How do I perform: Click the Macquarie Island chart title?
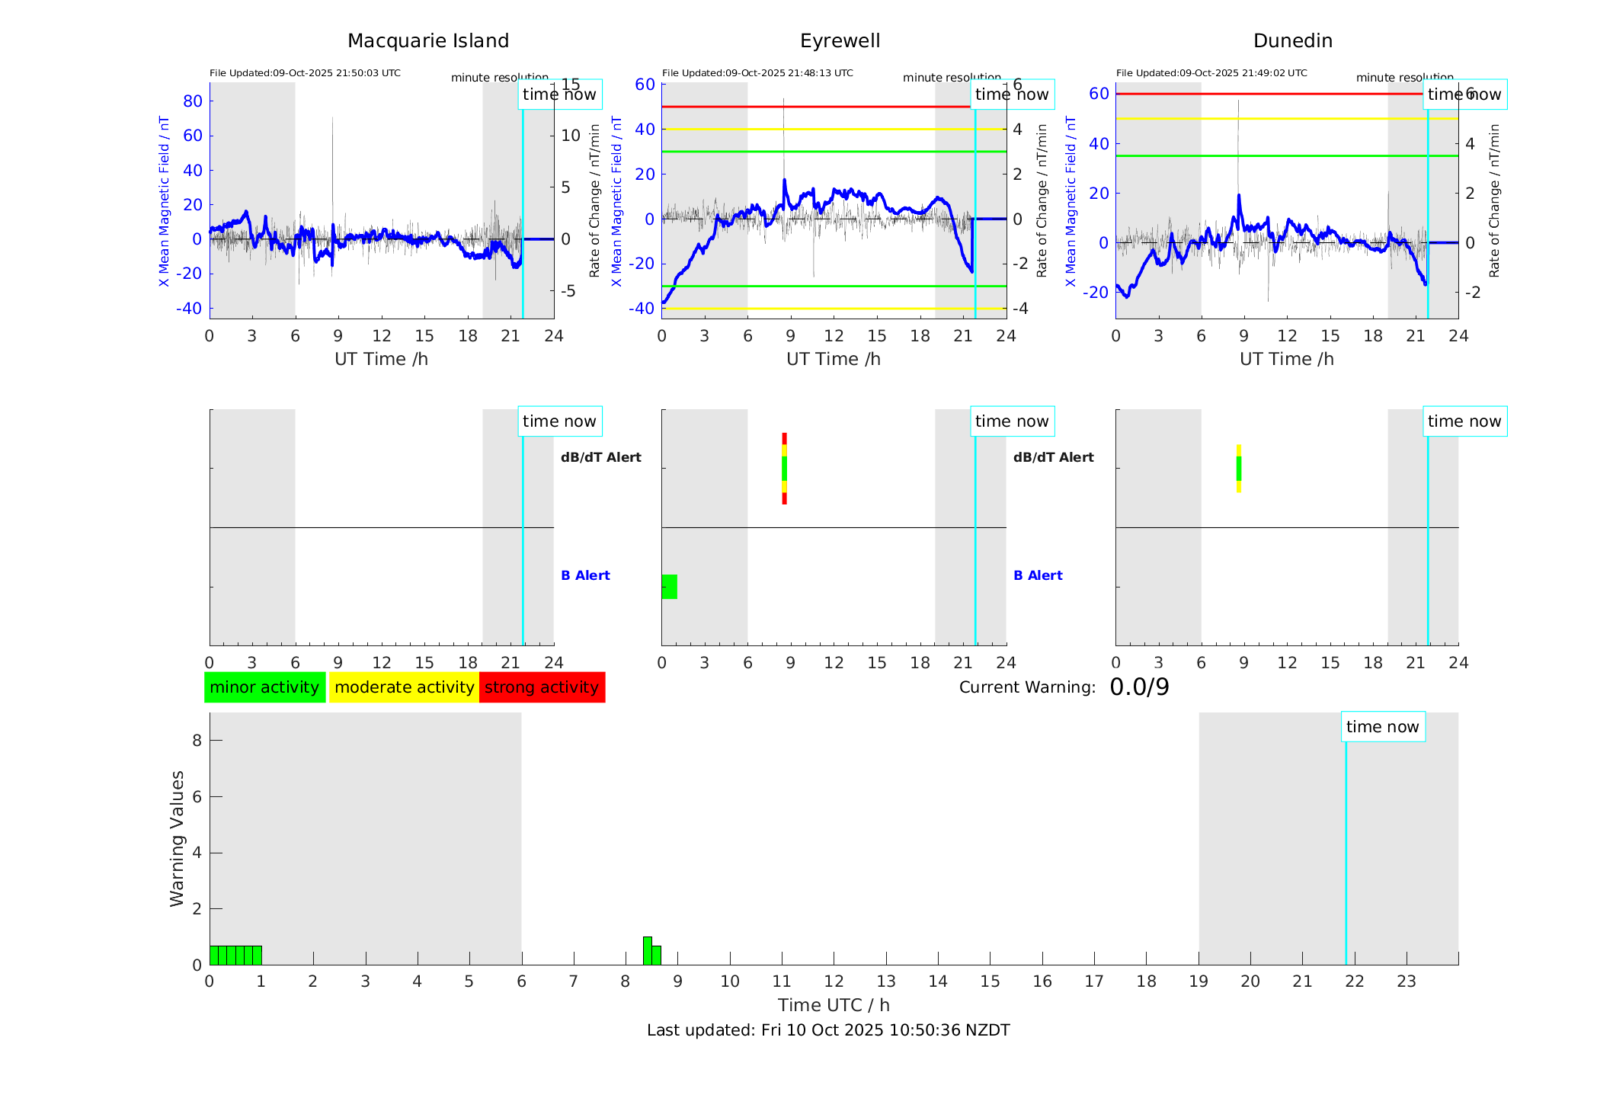[x=427, y=41]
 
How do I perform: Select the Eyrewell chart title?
[x=840, y=41]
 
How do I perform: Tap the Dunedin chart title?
[x=1292, y=41]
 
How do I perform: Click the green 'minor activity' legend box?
[x=264, y=687]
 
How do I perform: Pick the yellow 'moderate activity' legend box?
[x=404, y=687]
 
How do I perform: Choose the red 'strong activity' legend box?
[x=542, y=687]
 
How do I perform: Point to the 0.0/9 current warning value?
[x=1139, y=687]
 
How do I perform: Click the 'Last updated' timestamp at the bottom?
[x=828, y=1030]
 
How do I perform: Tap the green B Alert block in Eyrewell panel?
[x=669, y=587]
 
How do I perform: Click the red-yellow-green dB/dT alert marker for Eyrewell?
[x=784, y=469]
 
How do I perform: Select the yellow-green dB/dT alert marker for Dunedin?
[x=1239, y=469]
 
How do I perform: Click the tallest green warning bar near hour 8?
[x=648, y=951]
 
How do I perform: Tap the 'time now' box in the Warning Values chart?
[x=1382, y=727]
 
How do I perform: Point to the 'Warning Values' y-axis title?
[x=177, y=838]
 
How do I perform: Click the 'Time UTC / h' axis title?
[x=834, y=1005]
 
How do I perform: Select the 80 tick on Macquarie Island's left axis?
[x=193, y=101]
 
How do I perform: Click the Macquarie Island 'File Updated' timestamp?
[x=305, y=73]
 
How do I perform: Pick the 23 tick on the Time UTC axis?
[x=1406, y=981]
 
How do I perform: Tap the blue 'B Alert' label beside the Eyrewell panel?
[x=1038, y=575]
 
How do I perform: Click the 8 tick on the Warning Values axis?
[x=197, y=740]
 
